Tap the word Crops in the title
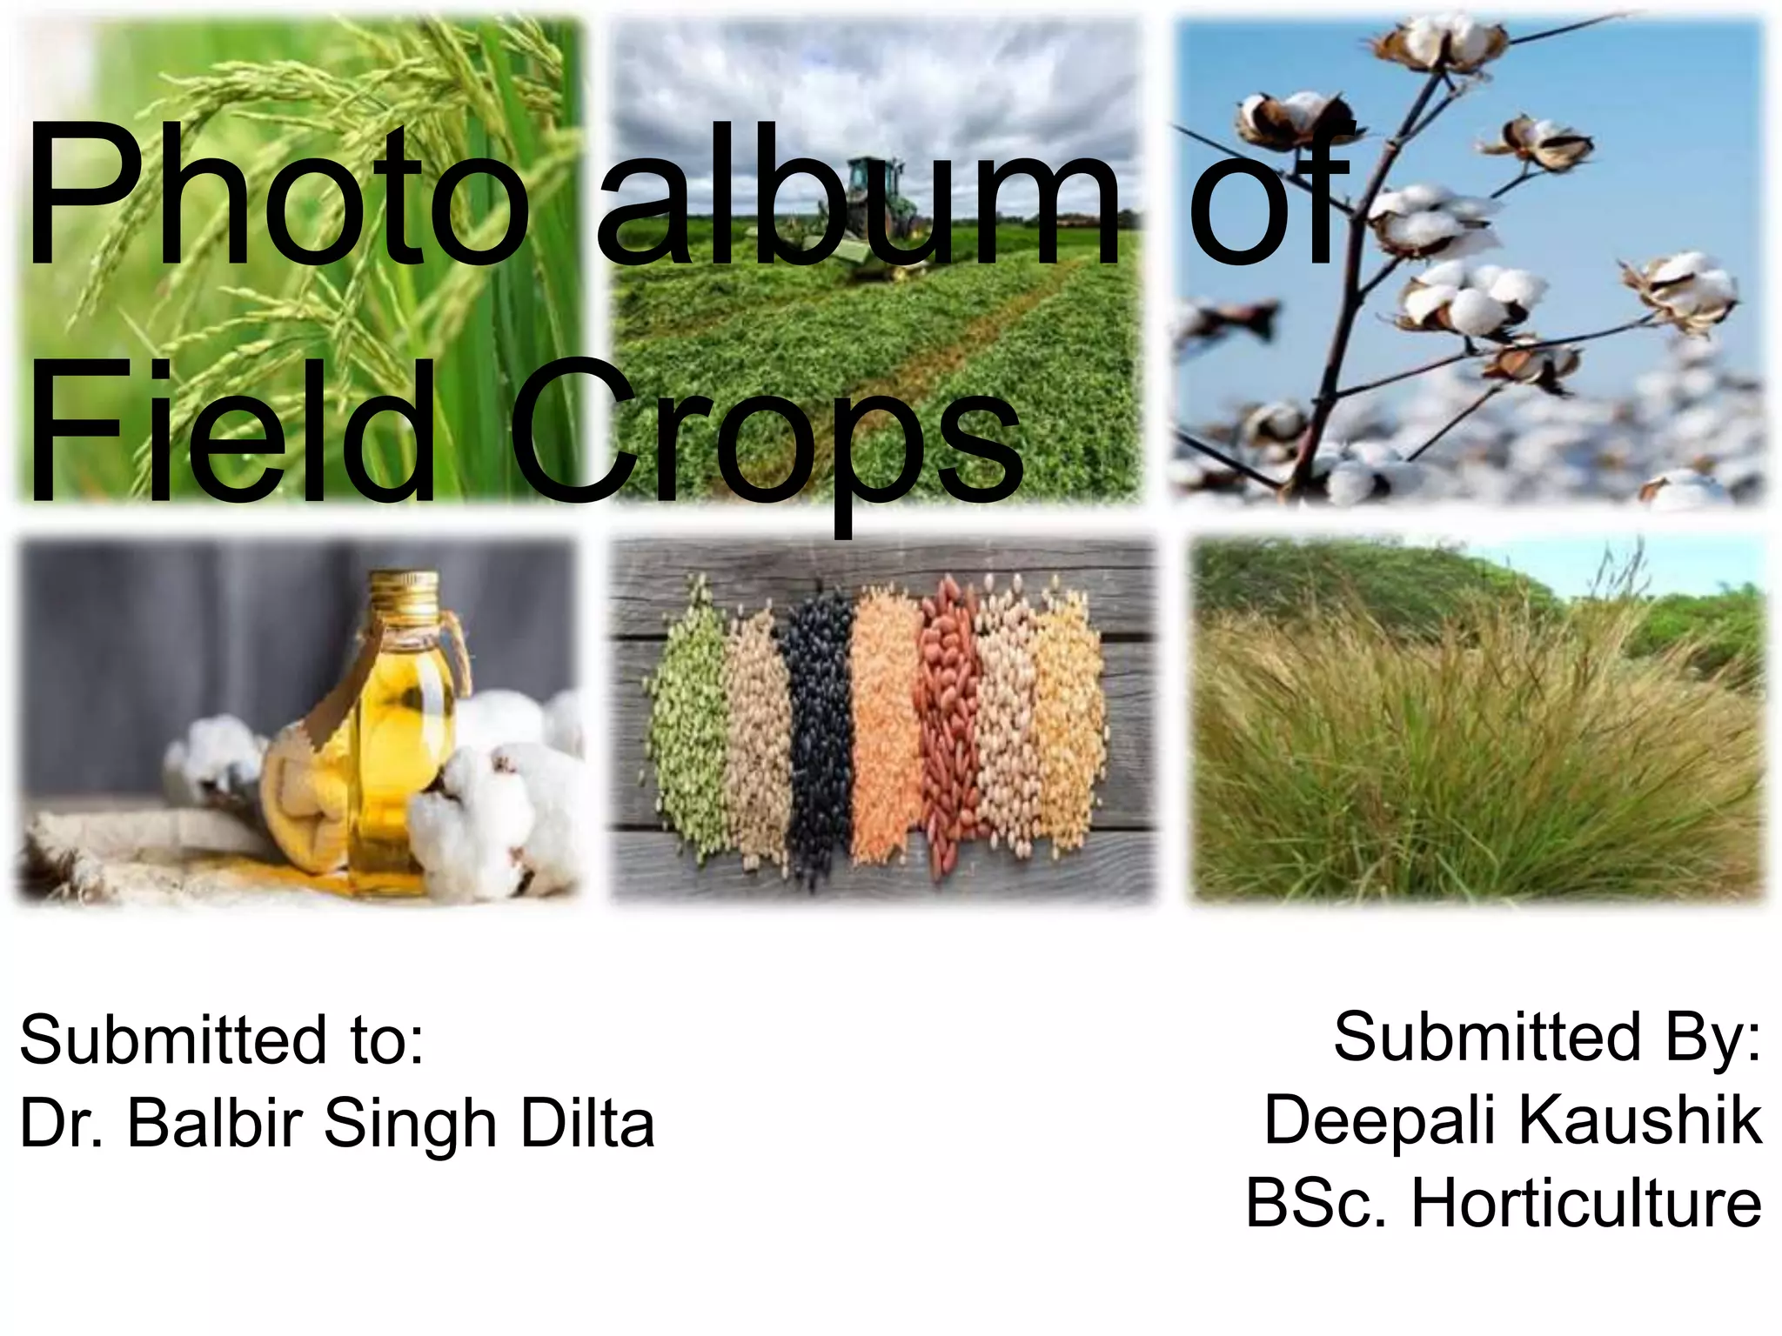(766, 435)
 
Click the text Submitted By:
(1547, 1037)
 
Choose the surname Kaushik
(1640, 1119)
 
